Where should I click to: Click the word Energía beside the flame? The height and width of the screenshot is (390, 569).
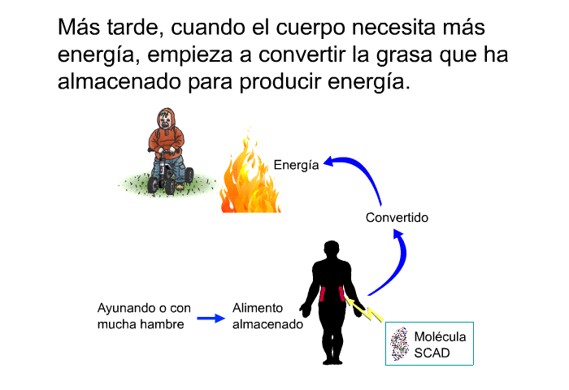click(x=296, y=166)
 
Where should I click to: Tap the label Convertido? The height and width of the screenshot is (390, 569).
click(x=397, y=218)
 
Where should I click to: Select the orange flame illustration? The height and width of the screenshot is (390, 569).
click(x=250, y=171)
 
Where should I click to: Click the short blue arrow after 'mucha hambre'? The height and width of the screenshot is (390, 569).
click(x=211, y=318)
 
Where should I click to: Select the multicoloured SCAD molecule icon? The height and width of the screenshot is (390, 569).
click(x=400, y=343)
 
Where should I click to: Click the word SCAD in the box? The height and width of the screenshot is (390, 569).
click(x=432, y=353)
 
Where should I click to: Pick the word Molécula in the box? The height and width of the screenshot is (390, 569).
click(x=440, y=336)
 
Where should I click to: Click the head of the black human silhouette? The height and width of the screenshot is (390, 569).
click(x=332, y=249)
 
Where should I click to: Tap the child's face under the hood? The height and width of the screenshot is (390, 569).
click(x=166, y=119)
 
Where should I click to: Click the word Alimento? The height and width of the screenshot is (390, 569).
click(x=258, y=308)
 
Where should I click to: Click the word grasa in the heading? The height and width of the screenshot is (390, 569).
click(x=404, y=55)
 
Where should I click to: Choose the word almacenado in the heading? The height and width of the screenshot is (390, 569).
click(x=119, y=81)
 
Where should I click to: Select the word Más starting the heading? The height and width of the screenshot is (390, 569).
click(x=79, y=27)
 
